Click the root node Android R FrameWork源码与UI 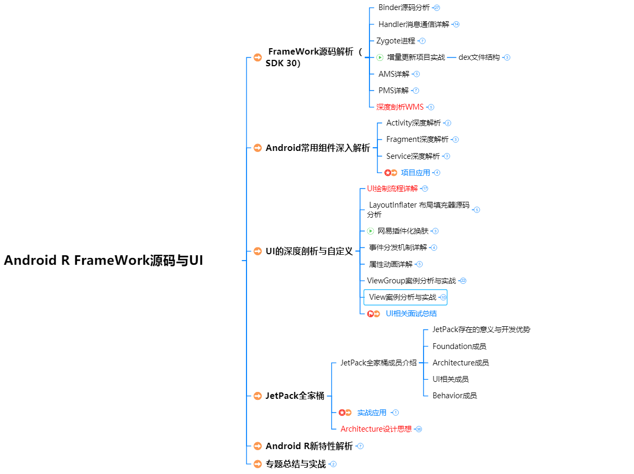pyautogui.click(x=103, y=261)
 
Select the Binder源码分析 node pyautogui.click(x=404, y=8)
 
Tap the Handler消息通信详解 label pyautogui.click(x=413, y=24)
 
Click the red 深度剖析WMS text pyautogui.click(x=400, y=107)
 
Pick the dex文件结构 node pyautogui.click(x=479, y=57)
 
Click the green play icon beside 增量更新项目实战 pyautogui.click(x=380, y=57)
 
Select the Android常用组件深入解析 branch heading pyautogui.click(x=318, y=148)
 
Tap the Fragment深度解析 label pyautogui.click(x=417, y=139)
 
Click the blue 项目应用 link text pyautogui.click(x=416, y=173)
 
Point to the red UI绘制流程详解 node pyautogui.click(x=392, y=189)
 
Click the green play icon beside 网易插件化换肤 pyautogui.click(x=371, y=231)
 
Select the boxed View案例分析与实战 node pyautogui.click(x=403, y=297)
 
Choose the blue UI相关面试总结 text pyautogui.click(x=411, y=314)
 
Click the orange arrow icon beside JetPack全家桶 pyautogui.click(x=258, y=396)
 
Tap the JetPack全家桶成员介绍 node pyautogui.click(x=378, y=363)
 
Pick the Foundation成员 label pyautogui.click(x=459, y=346)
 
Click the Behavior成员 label pyautogui.click(x=454, y=395)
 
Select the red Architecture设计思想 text pyautogui.click(x=376, y=429)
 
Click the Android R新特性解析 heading pyautogui.click(x=309, y=446)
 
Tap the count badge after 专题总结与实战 pyautogui.click(x=333, y=464)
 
